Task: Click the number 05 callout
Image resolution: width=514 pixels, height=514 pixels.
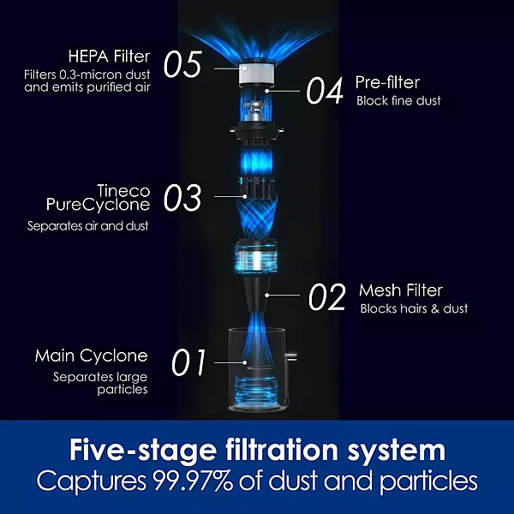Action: tap(182, 64)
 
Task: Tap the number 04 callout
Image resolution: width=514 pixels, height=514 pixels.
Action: tap(325, 90)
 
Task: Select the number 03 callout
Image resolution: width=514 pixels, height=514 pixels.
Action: tap(182, 197)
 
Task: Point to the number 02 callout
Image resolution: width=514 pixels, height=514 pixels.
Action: tap(327, 297)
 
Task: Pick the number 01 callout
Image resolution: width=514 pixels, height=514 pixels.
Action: tap(188, 362)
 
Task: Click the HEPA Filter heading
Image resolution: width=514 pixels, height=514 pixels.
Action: tap(109, 57)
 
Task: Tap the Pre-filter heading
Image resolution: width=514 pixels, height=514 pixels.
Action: tap(387, 82)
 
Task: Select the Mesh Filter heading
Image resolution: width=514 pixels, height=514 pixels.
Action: tap(401, 290)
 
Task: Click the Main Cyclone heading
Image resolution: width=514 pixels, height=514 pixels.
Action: tap(91, 356)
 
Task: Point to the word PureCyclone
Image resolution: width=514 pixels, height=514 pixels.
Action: tap(98, 205)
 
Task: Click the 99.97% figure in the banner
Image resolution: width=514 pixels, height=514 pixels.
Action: tap(193, 481)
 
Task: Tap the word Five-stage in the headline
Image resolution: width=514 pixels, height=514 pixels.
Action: tap(143, 451)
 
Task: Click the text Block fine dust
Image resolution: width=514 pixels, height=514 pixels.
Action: tap(398, 100)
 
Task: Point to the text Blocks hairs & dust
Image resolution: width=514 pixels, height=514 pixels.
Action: tap(414, 308)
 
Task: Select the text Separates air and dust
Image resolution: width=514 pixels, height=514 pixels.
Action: tap(88, 226)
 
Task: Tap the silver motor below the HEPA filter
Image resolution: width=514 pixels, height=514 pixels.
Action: tap(256, 113)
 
